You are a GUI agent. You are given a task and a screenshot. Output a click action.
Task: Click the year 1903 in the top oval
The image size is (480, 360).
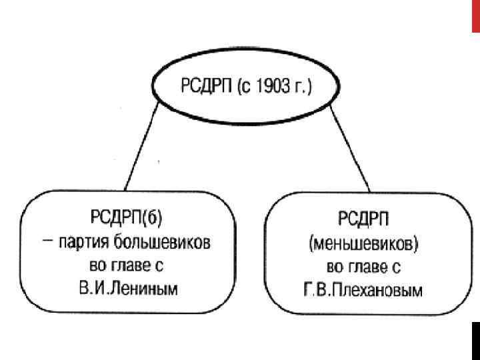click(272, 87)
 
